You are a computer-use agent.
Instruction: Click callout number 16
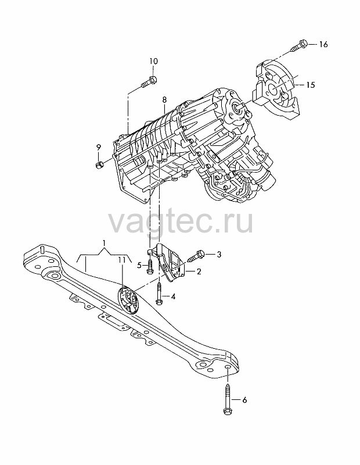pos(323,44)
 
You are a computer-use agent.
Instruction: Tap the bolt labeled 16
pos(300,45)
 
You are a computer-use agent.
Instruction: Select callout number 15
pos(310,85)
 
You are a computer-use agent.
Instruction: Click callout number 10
pos(153,61)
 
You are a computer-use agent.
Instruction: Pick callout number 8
pos(164,99)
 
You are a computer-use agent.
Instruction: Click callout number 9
pos(98,147)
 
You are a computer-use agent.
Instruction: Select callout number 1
pos(104,244)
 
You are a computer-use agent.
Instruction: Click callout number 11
pos(121,260)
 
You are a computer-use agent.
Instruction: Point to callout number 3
pos(219,255)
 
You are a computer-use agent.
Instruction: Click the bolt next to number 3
pos(196,256)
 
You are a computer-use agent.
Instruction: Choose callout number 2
pos(199,271)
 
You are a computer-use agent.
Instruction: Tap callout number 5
pos(139,266)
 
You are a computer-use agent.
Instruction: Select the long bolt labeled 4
pos(159,294)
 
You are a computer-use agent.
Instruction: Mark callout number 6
pos(244,400)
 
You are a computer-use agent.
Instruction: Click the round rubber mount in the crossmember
pos(128,299)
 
